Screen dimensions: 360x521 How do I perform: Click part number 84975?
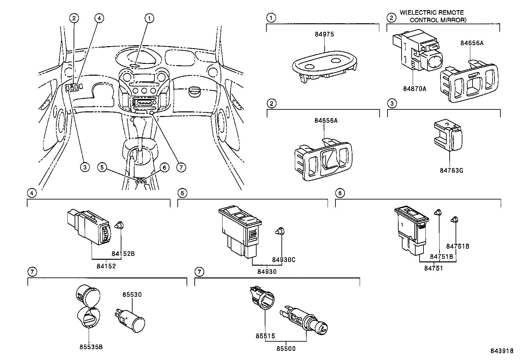pyautogui.click(x=324, y=34)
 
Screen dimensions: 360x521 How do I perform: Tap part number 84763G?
pyautogui.click(x=451, y=170)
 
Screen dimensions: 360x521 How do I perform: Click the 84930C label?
pyautogui.click(x=283, y=260)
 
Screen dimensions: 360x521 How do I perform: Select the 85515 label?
pyautogui.click(x=265, y=336)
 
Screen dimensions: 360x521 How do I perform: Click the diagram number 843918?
pyautogui.click(x=502, y=351)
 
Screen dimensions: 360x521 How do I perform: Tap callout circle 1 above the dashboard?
pyautogui.click(x=149, y=18)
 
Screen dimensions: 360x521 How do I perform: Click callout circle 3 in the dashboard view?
pyautogui.click(x=85, y=167)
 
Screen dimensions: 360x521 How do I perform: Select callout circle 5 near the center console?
pyautogui.click(x=102, y=167)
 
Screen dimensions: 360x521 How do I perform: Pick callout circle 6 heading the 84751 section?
pyautogui.click(x=340, y=193)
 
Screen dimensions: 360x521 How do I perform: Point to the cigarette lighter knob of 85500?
pyautogui.click(x=322, y=328)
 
